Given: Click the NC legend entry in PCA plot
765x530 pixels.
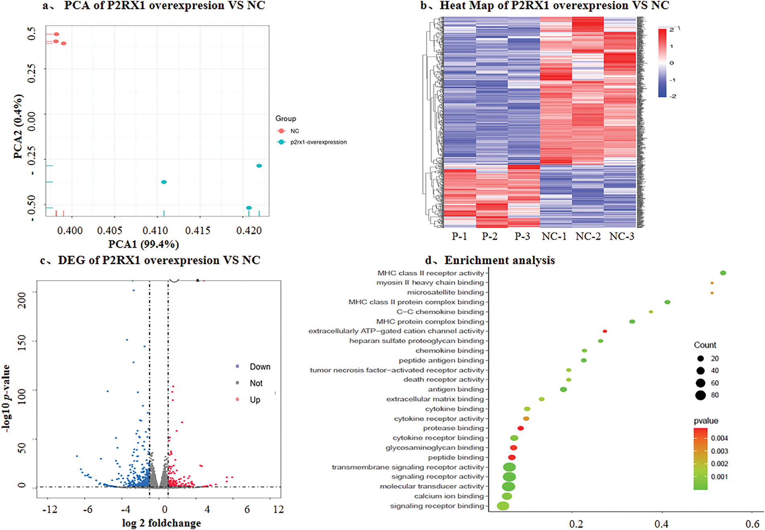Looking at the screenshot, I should [294, 131].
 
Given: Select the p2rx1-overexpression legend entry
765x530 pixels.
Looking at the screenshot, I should [318, 142].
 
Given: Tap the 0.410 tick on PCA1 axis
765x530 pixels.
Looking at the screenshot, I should [155, 231].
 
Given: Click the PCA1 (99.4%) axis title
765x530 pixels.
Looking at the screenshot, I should [143, 244].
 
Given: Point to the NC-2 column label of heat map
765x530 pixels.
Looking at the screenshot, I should [588, 236].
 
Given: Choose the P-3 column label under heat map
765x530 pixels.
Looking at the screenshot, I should [522, 236].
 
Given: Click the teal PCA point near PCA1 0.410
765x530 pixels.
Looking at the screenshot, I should [164, 182].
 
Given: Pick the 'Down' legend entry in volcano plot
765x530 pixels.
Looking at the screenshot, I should [259, 367].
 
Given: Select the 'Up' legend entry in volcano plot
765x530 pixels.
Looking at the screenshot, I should [255, 400].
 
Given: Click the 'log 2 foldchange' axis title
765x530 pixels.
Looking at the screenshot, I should [161, 523].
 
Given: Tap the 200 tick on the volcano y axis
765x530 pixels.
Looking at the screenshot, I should [22, 300].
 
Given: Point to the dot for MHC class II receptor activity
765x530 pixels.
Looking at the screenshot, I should [723, 273].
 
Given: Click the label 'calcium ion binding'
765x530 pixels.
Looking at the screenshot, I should [449, 496].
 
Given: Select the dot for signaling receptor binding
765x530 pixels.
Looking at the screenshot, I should [503, 506].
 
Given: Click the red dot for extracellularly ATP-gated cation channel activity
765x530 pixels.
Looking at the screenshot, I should [605, 331].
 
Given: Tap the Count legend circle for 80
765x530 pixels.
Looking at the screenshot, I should [701, 396].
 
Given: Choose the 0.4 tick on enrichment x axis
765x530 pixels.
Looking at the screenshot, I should [661, 524].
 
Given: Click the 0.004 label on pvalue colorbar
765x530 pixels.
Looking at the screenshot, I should [719, 438].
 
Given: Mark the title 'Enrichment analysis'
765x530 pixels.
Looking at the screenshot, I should [499, 260].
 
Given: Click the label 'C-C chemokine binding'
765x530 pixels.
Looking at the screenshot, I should [440, 312].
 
